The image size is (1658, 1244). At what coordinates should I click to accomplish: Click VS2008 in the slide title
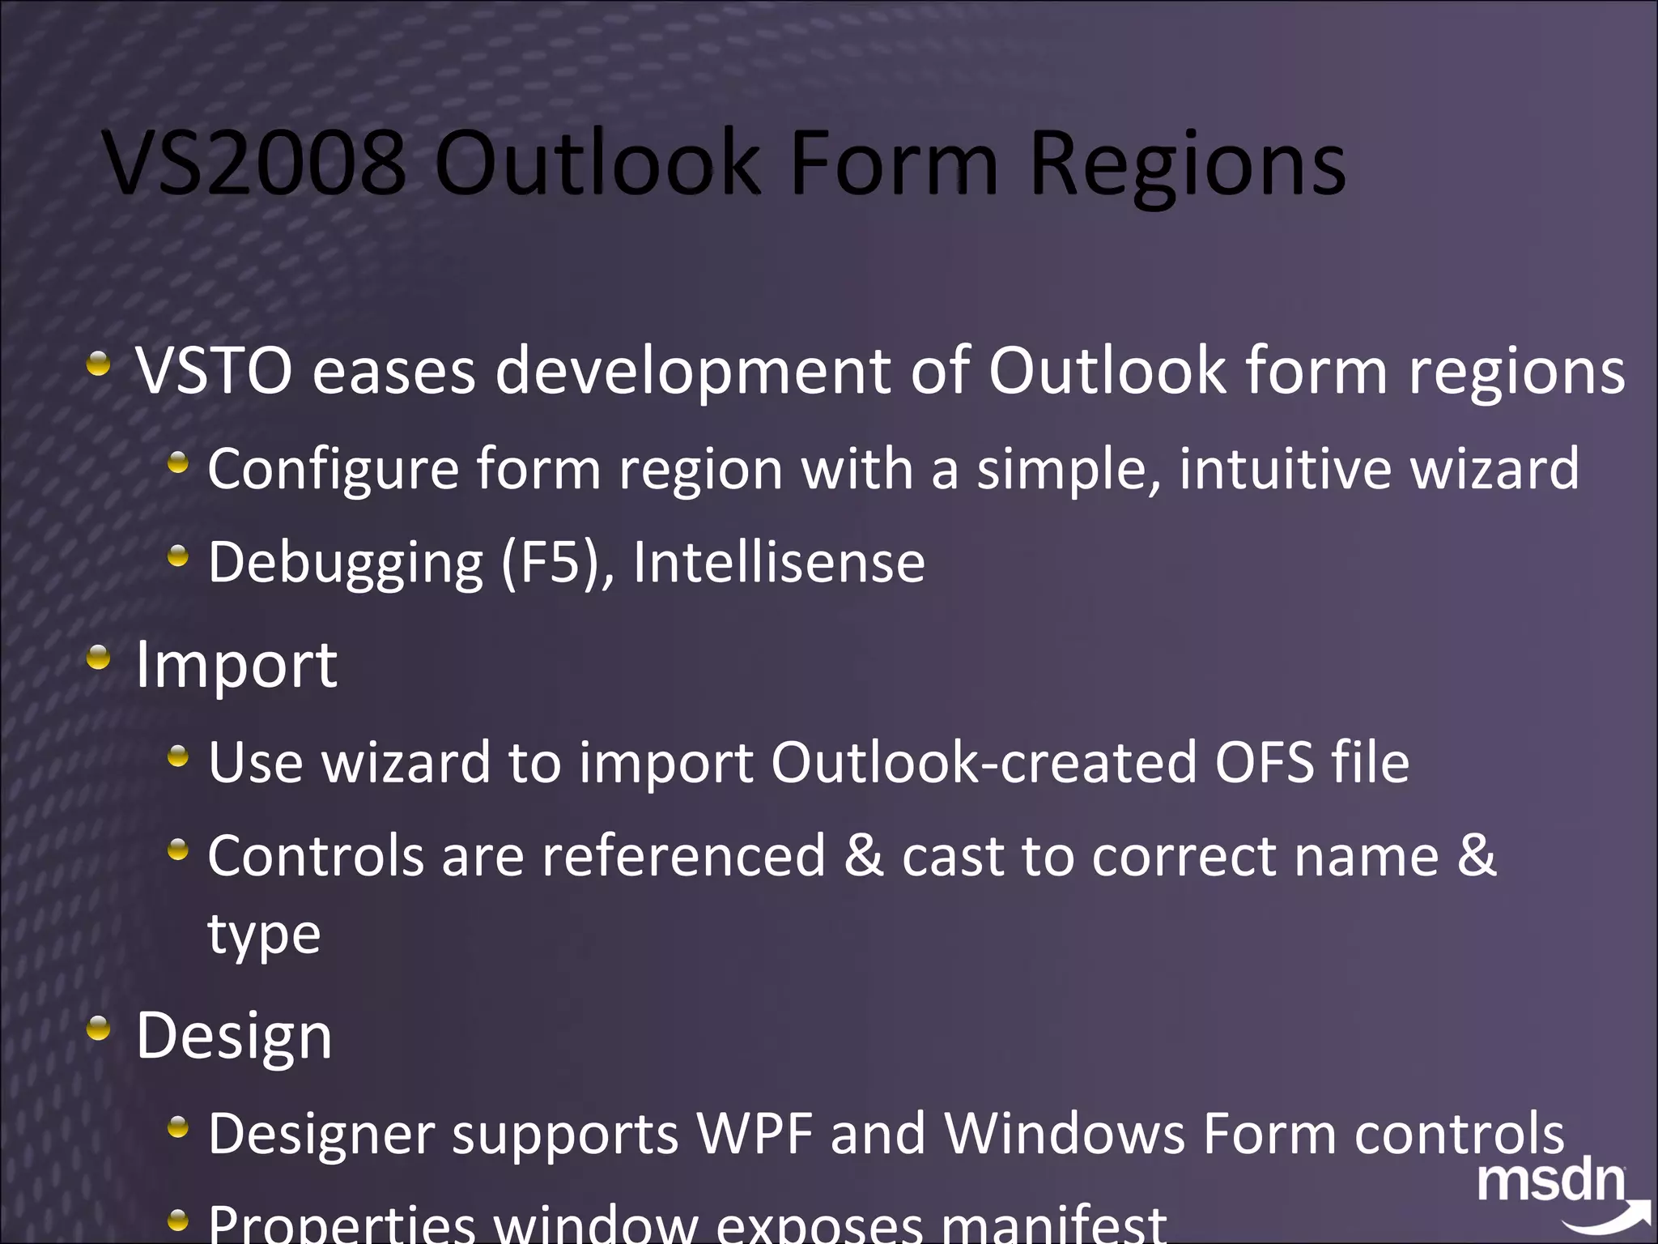click(255, 164)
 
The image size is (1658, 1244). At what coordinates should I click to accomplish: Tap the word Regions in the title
click(1188, 166)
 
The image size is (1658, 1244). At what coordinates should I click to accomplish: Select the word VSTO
click(215, 371)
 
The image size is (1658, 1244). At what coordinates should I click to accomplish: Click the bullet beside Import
click(99, 658)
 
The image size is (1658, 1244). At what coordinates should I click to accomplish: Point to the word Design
click(234, 1036)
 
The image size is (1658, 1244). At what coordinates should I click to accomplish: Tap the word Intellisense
click(779, 562)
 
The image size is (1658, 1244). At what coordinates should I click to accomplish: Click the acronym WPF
click(755, 1133)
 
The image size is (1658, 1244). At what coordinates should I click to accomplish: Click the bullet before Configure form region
click(178, 464)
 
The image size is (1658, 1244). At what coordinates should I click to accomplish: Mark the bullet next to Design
click(99, 1029)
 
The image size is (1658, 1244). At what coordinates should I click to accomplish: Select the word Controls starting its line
click(316, 856)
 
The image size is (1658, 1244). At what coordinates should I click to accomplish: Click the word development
click(693, 371)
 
